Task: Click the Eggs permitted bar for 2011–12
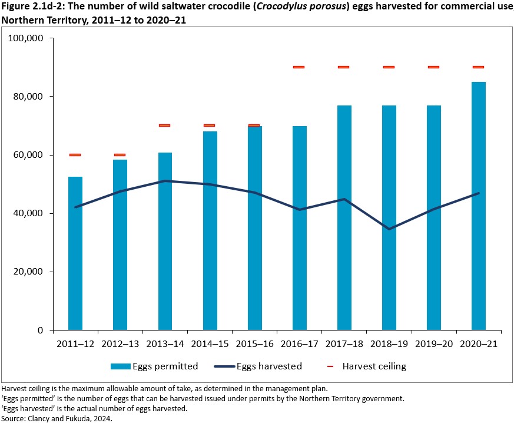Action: coord(75,253)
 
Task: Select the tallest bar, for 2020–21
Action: coord(479,206)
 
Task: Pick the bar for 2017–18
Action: coord(344,218)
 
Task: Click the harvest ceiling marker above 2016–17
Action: coord(299,67)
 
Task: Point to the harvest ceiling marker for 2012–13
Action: coord(120,155)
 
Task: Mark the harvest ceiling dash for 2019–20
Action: coord(433,67)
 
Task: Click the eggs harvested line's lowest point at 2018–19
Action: coord(389,229)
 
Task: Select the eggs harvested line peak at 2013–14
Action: coord(165,181)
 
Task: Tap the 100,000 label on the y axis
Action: coord(28,38)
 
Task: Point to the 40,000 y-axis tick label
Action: coord(31,213)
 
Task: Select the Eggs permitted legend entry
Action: coord(154,366)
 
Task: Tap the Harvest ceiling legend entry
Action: coord(374,366)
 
